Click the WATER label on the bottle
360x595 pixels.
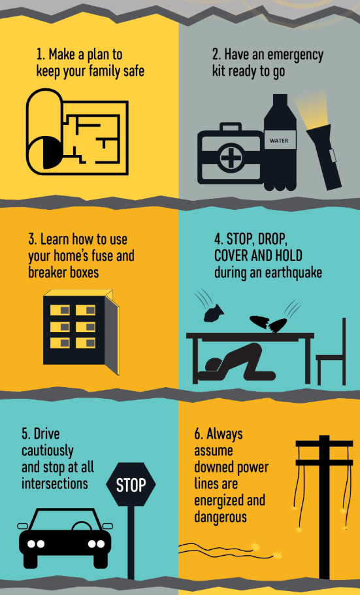point(279,141)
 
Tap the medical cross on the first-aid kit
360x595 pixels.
point(231,158)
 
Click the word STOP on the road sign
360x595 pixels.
point(131,485)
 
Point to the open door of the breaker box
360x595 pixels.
point(112,331)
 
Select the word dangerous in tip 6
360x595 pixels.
point(220,517)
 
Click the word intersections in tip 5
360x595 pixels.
point(55,483)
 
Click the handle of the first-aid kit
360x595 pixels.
point(230,126)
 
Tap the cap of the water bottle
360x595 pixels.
point(280,99)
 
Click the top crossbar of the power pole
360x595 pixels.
point(324,443)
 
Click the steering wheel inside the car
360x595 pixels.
point(81,526)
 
